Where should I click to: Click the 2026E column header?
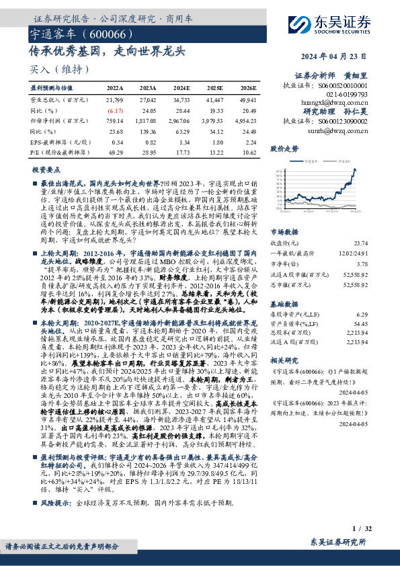pyautogui.click(x=248, y=87)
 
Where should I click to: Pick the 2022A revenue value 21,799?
pyautogui.click(x=115, y=99)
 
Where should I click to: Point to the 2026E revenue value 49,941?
pyautogui.click(x=247, y=99)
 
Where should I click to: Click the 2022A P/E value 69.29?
pyautogui.click(x=116, y=154)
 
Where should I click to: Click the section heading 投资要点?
pyautogui.click(x=46, y=171)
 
